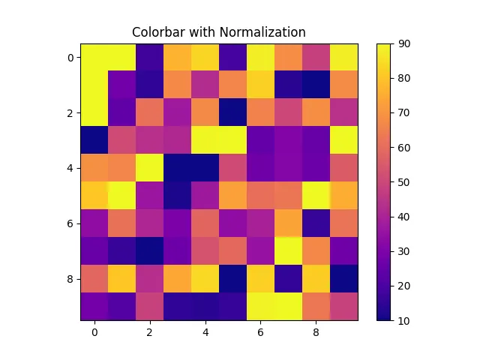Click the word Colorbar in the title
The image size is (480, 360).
pyautogui.click(x=157, y=32)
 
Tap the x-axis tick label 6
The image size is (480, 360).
pyautogui.click(x=260, y=331)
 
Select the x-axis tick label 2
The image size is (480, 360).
pyautogui.click(x=149, y=331)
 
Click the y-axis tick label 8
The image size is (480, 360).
pyautogui.click(x=70, y=279)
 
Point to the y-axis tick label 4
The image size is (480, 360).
pyautogui.click(x=70, y=168)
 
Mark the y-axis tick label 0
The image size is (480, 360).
pyautogui.click(x=70, y=57)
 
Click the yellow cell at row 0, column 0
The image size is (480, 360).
pyautogui.click(x=94, y=57)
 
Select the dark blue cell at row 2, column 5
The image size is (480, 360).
pyautogui.click(x=232, y=112)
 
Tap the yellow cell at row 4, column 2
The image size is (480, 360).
pyautogui.click(x=149, y=168)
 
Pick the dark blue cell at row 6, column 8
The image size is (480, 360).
pyautogui.click(x=316, y=223)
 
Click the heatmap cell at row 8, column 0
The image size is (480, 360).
pyautogui.click(x=94, y=279)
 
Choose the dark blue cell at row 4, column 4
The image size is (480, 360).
pyautogui.click(x=205, y=168)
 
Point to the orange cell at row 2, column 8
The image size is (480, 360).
pyautogui.click(x=316, y=112)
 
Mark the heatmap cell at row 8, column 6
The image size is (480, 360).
pyautogui.click(x=260, y=279)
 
